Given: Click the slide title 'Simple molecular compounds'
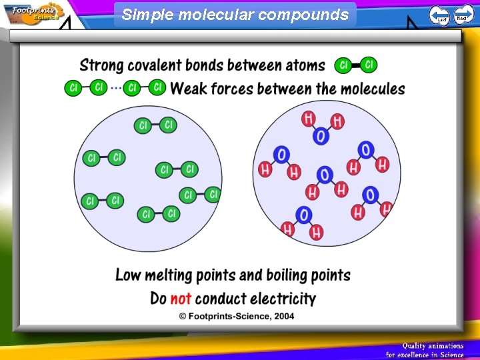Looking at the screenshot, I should coord(235,15).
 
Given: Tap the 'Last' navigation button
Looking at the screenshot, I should coord(439,15).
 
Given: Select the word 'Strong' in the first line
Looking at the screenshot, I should coord(101,65).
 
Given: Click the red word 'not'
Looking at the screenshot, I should coord(181,298).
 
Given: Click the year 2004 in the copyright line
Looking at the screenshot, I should coord(283,316).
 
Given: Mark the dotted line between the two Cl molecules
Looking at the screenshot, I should coord(116,88).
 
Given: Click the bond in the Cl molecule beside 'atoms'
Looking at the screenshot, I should coord(356,65).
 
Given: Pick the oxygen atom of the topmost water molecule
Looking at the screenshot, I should coord(321,136).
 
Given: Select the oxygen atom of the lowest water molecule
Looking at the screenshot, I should coord(303,215).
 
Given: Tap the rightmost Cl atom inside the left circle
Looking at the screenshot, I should coord(213,194).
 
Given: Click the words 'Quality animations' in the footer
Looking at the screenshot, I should coord(432,345).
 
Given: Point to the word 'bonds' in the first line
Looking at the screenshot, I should coord(205,65).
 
